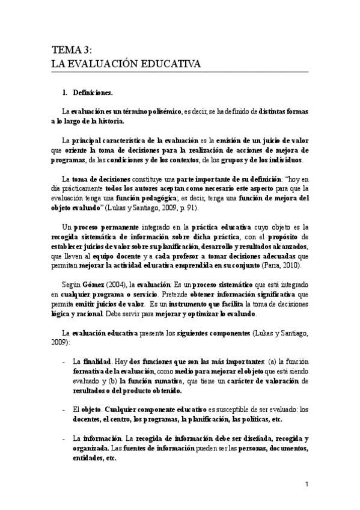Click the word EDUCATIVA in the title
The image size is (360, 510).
[170, 64]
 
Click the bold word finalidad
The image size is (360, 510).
[97, 363]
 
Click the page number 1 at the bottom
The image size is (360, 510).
[307, 484]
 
